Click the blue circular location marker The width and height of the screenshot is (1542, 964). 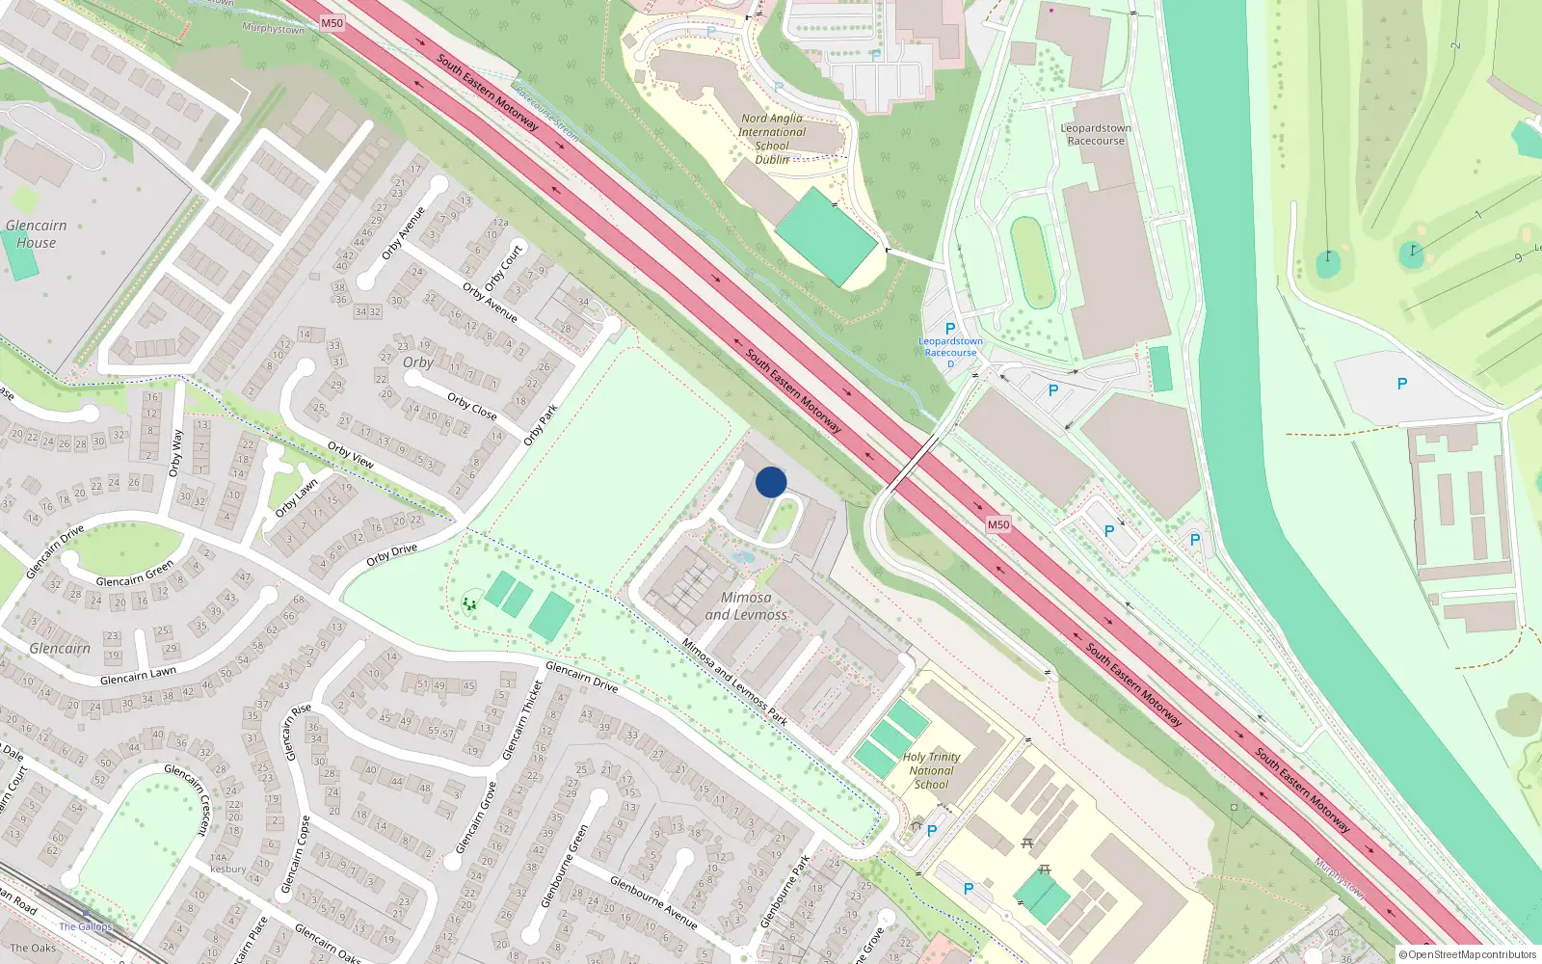[x=771, y=482]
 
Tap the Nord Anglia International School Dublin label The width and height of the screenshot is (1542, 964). [x=772, y=139]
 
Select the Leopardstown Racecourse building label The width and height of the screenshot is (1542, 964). [x=1096, y=134]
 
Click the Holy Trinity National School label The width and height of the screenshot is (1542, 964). [x=931, y=770]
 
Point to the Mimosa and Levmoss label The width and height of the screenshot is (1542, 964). [x=746, y=605]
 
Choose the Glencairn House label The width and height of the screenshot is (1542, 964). [x=37, y=234]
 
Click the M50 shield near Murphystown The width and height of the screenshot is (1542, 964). [x=332, y=23]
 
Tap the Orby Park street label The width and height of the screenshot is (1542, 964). [x=541, y=425]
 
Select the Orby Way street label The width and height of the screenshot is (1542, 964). [x=175, y=453]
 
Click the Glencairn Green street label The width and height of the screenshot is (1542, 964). [x=135, y=575]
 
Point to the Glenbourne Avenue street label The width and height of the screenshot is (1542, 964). [x=653, y=902]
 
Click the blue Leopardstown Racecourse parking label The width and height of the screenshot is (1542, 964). [x=950, y=346]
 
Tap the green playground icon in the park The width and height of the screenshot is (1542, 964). [x=469, y=604]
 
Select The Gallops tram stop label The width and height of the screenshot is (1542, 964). [x=85, y=926]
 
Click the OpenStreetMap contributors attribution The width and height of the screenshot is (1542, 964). [x=1467, y=954]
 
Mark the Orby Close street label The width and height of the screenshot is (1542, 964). [x=472, y=407]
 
